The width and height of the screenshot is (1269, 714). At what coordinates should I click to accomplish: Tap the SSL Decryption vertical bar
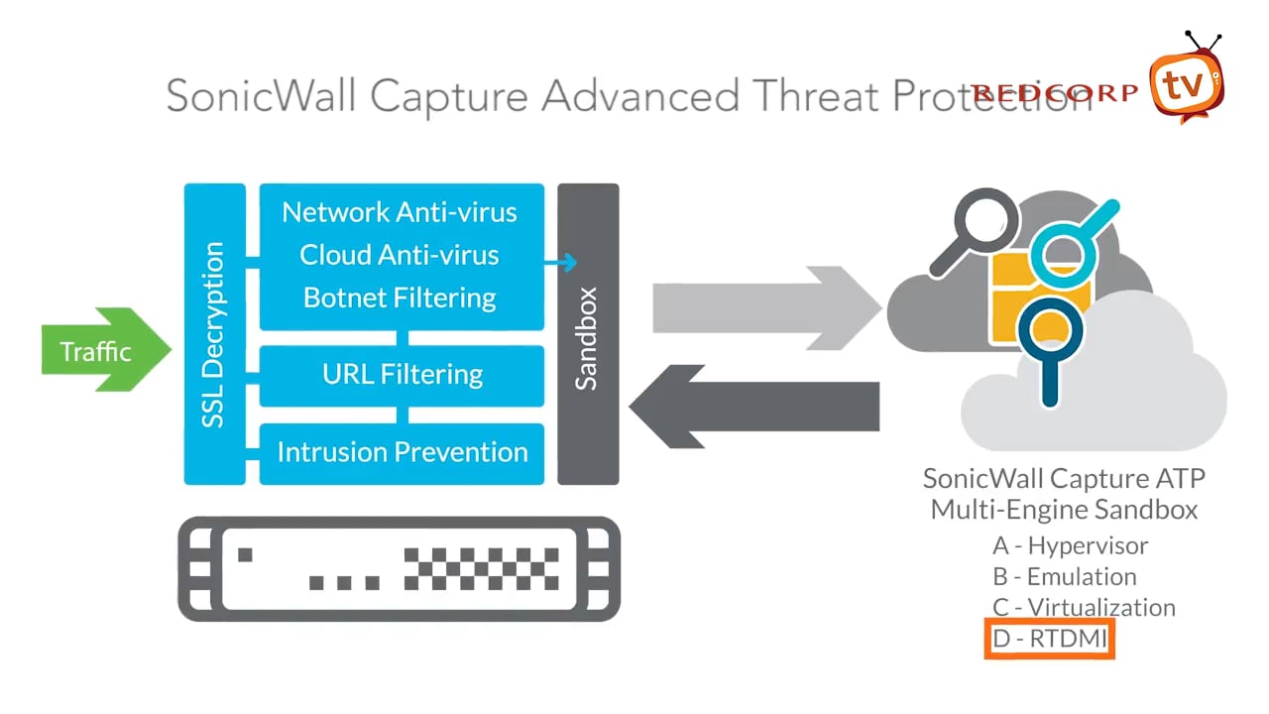[214, 334]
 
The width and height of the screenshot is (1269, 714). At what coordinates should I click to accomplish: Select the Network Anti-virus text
[399, 212]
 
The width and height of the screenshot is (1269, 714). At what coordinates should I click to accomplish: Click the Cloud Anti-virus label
[399, 255]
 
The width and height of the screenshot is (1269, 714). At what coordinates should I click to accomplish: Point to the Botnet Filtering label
[399, 297]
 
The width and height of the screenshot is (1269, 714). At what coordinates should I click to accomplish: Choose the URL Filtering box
[402, 375]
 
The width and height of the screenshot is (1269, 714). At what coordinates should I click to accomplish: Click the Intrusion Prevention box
[402, 452]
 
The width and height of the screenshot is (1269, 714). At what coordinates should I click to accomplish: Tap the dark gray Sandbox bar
[588, 334]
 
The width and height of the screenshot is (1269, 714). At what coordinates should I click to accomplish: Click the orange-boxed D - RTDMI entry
[1050, 639]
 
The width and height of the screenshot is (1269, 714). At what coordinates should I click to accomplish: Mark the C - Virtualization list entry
[1084, 607]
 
